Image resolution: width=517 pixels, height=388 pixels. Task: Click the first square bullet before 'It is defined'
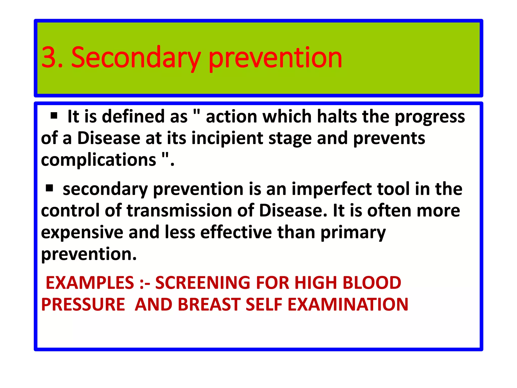click(54, 116)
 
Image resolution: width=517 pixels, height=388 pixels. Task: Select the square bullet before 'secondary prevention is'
click(49, 188)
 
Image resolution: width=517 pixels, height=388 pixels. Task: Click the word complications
click(98, 160)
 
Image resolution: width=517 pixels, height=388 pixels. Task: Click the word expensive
click(82, 232)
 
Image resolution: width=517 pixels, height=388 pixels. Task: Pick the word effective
click(236, 232)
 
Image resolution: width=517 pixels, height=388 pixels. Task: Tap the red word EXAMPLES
click(90, 283)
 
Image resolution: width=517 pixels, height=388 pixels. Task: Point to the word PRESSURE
click(83, 304)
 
